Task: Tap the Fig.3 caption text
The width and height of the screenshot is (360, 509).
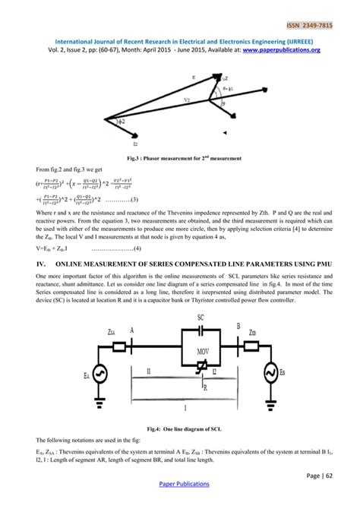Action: (181, 158)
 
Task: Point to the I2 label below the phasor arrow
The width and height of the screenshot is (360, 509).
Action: (114, 141)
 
